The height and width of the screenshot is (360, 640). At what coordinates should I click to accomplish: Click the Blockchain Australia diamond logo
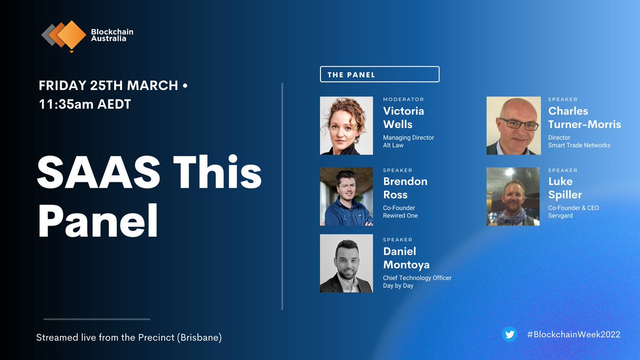[64, 36]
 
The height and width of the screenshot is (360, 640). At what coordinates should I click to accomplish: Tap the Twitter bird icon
[509, 334]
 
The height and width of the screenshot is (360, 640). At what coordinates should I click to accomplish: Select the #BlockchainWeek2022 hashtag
[573, 334]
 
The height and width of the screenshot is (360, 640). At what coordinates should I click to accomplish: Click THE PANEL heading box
[379, 74]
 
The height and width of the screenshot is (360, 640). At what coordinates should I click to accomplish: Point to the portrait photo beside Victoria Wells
[346, 126]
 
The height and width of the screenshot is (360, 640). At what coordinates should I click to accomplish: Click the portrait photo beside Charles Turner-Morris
[513, 126]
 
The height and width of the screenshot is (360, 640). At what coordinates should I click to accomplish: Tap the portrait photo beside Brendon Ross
[346, 196]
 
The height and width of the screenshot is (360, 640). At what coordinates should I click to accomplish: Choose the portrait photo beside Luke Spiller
[513, 196]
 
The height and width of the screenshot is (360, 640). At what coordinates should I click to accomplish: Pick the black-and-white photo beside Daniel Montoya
[346, 263]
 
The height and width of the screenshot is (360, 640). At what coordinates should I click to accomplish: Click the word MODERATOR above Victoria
[403, 99]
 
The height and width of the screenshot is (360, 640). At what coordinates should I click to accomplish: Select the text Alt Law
[394, 145]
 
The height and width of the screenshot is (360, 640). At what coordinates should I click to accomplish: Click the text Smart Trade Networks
[579, 145]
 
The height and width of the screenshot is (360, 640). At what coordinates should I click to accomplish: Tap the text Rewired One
[400, 215]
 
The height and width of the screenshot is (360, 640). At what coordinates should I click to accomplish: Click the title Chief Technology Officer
[417, 278]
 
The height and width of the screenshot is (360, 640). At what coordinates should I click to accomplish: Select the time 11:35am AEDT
[85, 103]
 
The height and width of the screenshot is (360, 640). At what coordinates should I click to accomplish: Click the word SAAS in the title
[93, 173]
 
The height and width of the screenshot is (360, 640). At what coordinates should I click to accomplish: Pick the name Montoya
[406, 265]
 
